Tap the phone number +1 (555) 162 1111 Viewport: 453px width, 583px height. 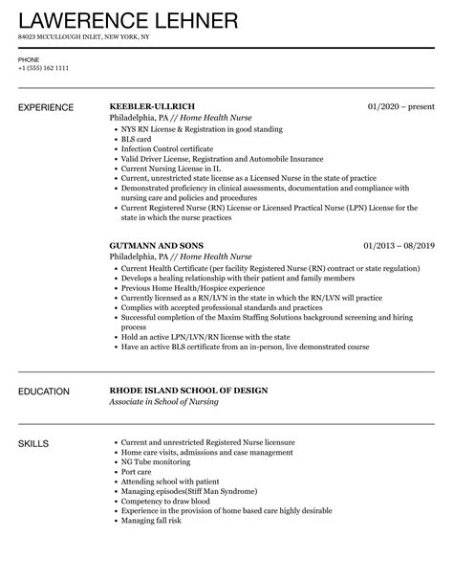click(41, 69)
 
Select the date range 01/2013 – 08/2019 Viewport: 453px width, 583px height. click(399, 245)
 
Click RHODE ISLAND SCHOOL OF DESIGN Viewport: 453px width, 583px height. click(188, 391)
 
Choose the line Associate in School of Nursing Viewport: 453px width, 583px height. click(163, 402)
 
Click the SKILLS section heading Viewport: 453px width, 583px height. click(34, 444)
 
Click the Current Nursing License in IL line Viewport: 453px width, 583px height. click(172, 169)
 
